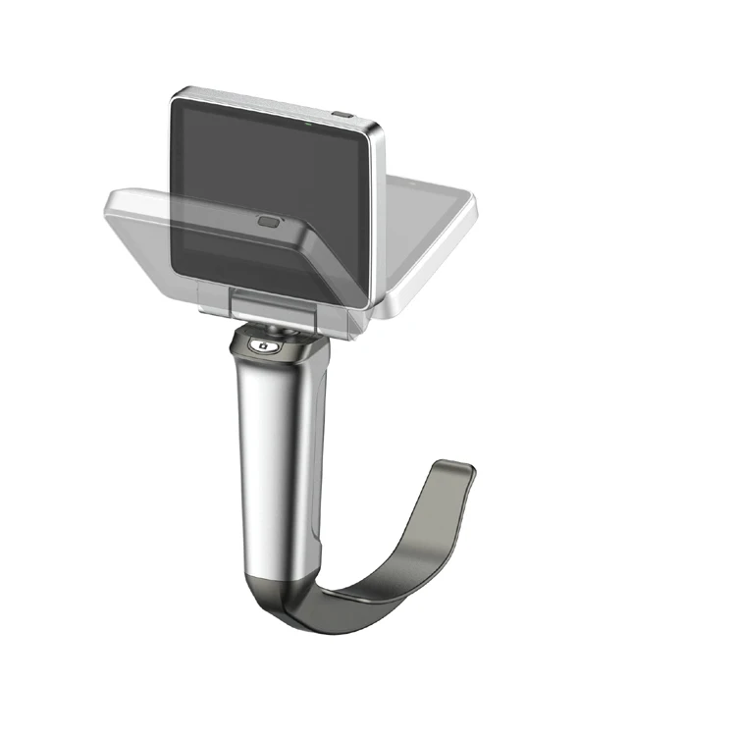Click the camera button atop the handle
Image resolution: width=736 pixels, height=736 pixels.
click(x=262, y=344)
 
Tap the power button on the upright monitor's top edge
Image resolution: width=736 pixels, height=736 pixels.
click(x=342, y=115)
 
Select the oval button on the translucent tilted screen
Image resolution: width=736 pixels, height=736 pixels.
click(x=268, y=221)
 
